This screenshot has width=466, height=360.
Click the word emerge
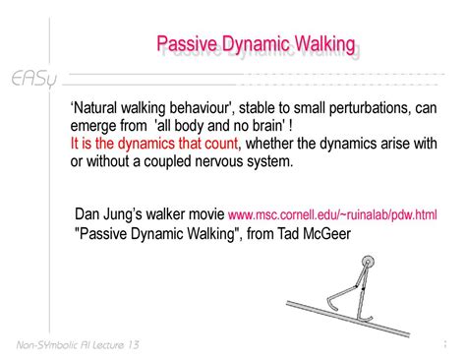[95, 126]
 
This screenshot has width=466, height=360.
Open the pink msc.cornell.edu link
[332, 215]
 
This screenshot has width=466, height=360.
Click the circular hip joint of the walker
[368, 263]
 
